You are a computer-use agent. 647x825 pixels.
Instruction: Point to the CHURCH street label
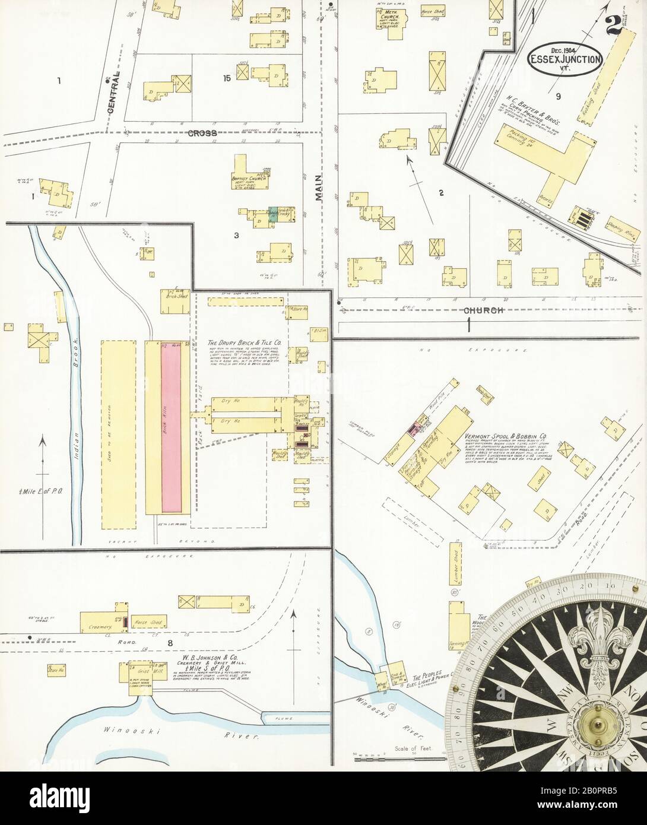click(x=484, y=310)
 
